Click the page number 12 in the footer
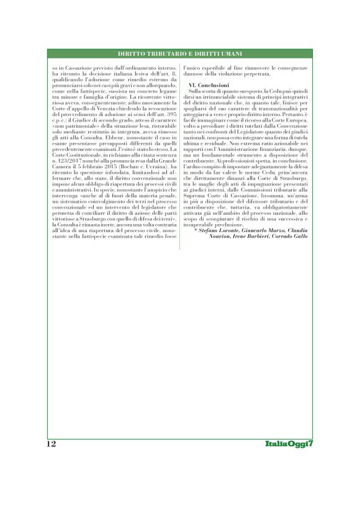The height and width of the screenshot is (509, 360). tap(52, 444)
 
